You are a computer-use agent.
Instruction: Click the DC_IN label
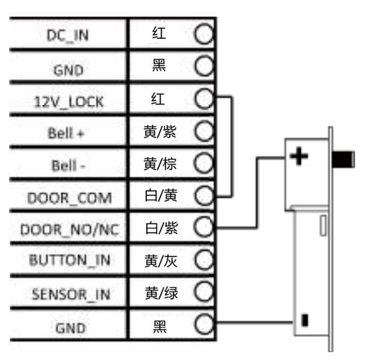(68, 35)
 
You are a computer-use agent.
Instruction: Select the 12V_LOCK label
(69, 102)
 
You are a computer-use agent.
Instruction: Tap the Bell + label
(66, 133)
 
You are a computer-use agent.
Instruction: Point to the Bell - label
(68, 166)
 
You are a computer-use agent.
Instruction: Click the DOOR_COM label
(70, 198)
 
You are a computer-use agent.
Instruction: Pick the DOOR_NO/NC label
(70, 230)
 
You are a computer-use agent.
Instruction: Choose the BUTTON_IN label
(70, 260)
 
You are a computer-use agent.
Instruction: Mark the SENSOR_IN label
(71, 294)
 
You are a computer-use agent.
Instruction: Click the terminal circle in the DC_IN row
(204, 34)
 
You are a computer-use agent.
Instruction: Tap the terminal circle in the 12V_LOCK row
(205, 99)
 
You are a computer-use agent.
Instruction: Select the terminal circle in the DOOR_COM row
(205, 195)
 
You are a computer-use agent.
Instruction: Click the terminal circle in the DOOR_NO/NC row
(204, 227)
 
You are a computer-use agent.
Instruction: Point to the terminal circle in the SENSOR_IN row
(204, 292)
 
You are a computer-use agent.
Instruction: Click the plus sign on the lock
(299, 156)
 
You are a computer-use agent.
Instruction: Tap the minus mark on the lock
(305, 320)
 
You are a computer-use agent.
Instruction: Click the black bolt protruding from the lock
(343, 159)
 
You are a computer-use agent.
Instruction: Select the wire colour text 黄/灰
(161, 261)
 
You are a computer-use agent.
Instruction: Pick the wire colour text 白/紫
(161, 228)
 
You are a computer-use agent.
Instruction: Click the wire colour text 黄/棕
(160, 164)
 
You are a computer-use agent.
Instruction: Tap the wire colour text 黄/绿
(161, 293)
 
